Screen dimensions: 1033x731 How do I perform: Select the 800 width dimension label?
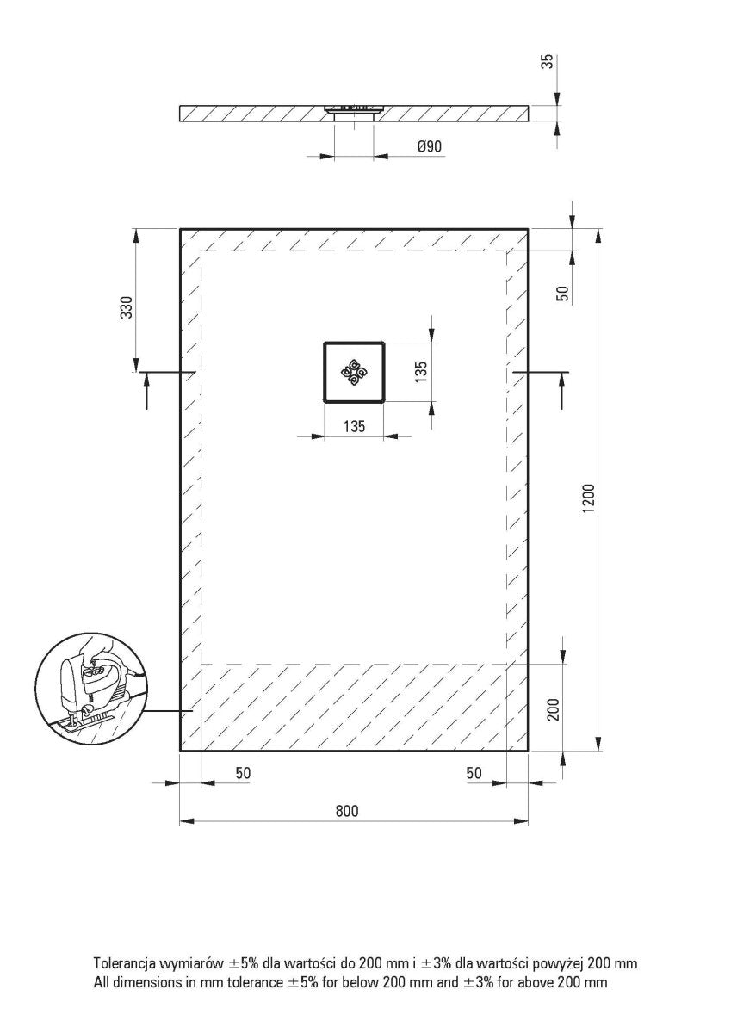tap(346, 811)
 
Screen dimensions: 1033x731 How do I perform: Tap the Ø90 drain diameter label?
tap(429, 146)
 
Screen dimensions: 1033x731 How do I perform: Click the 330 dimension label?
tap(127, 308)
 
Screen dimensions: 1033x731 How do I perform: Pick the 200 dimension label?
tap(554, 708)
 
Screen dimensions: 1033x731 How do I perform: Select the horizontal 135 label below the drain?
tap(355, 425)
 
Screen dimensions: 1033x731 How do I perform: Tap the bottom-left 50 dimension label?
tap(243, 773)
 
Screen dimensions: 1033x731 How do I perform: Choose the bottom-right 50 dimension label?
tap(474, 773)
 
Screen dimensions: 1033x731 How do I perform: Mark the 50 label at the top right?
tap(563, 292)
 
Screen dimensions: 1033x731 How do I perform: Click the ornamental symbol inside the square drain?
tap(355, 373)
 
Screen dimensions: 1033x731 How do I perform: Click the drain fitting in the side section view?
tap(352, 111)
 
